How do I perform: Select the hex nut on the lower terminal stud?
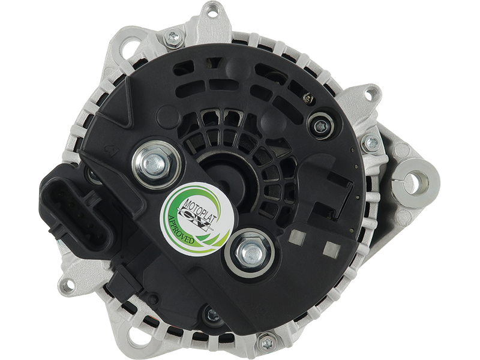pyautogui.click(x=250, y=252)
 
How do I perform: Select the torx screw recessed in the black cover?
pyautogui.click(x=320, y=125)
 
